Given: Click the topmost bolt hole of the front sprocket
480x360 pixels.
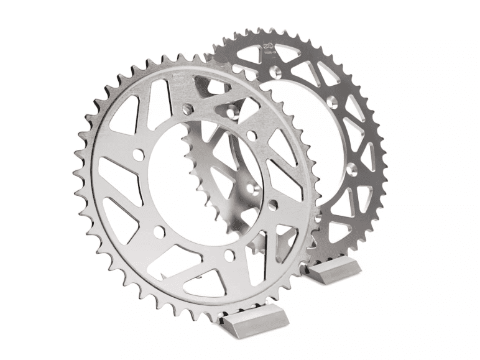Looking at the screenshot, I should (231, 112).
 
